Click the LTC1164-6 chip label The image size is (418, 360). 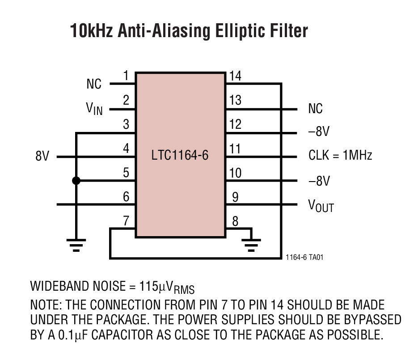tap(180, 156)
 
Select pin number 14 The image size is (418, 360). tap(235, 76)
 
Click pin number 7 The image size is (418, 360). tap(126, 221)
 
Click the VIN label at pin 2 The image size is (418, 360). tap(94, 109)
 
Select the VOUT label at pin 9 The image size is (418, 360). tap(321, 205)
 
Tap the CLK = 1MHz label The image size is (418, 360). tap(340, 155)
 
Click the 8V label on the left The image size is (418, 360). tap(42, 157)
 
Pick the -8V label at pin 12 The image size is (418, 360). tap(319, 132)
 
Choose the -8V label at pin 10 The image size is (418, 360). tap(319, 181)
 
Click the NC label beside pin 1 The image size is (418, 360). tap(94, 84)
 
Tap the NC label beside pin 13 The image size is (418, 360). tap(315, 109)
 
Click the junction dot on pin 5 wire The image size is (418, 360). tap(76, 181)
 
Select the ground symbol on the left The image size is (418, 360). tap(76, 245)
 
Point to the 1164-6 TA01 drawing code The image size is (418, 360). tap(304, 258)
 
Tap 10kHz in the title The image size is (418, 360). tap(92, 31)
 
